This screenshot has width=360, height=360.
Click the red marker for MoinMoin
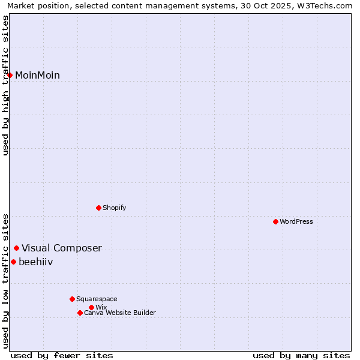pos(10,75)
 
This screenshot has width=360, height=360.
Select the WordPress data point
pos(275,221)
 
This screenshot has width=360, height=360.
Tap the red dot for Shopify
pos(98,208)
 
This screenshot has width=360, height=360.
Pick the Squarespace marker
pos(72,299)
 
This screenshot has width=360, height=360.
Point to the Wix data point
pos(91,307)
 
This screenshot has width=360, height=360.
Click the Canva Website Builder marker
pos(80,313)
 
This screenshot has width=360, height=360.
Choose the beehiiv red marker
pos(13,262)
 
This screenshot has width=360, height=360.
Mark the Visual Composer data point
pos(16,248)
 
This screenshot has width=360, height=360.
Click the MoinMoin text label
pos(37,75)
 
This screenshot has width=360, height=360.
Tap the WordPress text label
pos(296,221)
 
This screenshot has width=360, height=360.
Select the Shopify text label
pos(114,208)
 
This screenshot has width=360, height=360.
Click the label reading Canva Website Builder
pos(120,313)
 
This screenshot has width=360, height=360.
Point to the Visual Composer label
pos(62,248)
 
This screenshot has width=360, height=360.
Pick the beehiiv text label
pos(35,262)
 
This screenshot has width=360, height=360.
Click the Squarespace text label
pos(97,299)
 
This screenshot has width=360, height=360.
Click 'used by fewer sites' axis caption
pos(62,355)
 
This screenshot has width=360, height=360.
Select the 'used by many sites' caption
pos(301,355)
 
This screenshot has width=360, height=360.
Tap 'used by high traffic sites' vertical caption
pos(5,85)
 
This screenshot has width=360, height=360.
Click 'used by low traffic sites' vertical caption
pos(5,281)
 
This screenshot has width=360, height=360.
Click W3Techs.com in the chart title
pos(322,5)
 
